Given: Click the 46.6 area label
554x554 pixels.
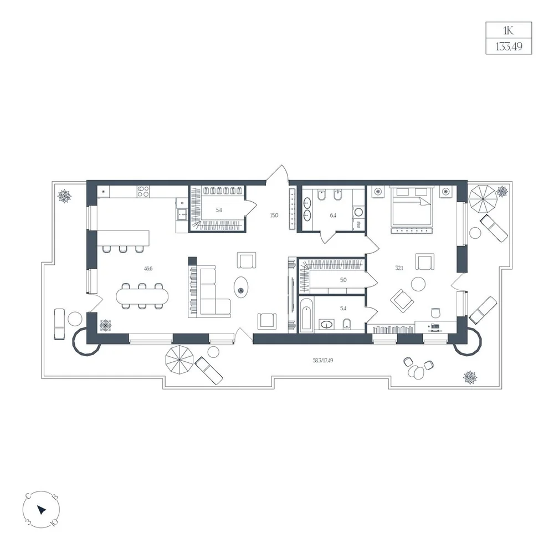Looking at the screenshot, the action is click(x=148, y=269).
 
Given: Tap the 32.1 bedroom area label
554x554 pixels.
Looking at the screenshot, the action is click(x=399, y=268).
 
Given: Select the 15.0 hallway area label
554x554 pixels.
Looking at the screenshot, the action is click(x=274, y=215).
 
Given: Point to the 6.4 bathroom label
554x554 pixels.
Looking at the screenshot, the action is click(x=333, y=215).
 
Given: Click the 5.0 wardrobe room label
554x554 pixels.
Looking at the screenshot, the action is click(x=343, y=280).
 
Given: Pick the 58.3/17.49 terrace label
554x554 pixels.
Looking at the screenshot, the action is click(x=323, y=361).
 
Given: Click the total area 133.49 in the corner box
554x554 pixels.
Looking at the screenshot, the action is click(x=509, y=47).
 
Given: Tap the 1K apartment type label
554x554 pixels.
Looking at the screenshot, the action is click(x=509, y=30).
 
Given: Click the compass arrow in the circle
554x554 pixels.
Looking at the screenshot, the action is click(x=42, y=510).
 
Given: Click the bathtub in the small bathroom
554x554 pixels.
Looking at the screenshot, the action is click(x=307, y=315).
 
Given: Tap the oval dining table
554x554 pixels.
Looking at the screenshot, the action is click(x=142, y=295).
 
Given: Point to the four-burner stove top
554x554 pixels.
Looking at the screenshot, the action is click(x=143, y=191).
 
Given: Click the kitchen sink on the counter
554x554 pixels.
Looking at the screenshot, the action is click(x=183, y=214).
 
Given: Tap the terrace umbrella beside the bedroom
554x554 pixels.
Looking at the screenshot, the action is click(x=483, y=199).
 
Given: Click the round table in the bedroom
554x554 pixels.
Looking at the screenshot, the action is click(x=419, y=284).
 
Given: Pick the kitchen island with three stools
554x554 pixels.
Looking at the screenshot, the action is click(x=124, y=242).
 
